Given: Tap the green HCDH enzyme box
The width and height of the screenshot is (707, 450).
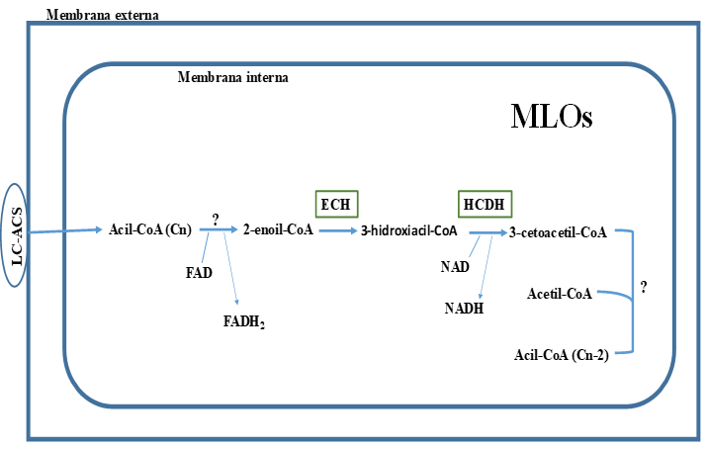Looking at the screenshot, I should coord(481,204).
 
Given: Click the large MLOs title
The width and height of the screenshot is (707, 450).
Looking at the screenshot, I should coord(552,117).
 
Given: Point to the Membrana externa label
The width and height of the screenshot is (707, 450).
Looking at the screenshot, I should coord(102,16).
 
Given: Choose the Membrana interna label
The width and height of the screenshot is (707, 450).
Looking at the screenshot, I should coord(233,76).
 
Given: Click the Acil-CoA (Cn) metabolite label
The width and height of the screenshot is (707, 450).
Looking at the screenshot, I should coord(151,231).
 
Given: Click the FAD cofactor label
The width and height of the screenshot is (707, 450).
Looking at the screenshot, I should coord(199,272).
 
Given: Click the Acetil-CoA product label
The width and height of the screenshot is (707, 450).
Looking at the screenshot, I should coord(561,293).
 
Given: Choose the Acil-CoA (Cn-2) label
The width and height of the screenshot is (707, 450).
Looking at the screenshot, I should coord(562,353).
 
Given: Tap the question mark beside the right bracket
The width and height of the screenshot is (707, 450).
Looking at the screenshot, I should coord(644,288).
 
